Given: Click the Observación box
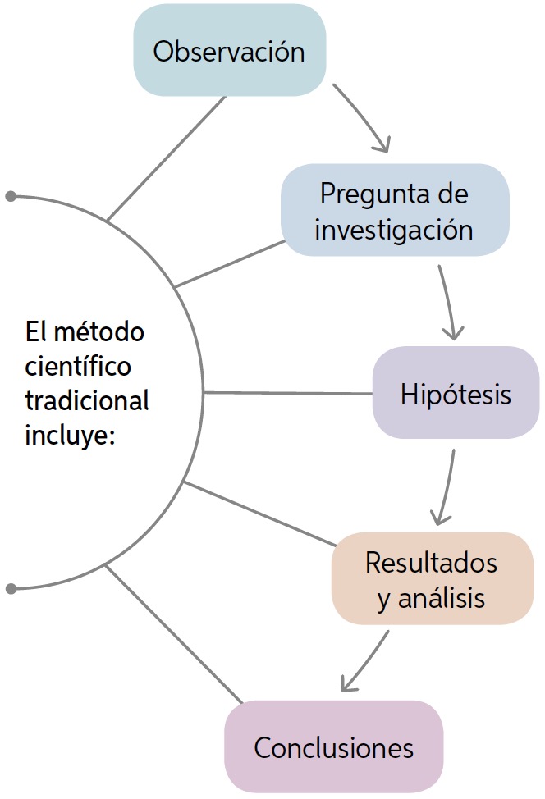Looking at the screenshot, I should (229, 52).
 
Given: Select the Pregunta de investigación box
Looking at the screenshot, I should (394, 211).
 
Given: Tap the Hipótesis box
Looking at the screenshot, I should (456, 393).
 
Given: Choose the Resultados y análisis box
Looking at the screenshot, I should (432, 578).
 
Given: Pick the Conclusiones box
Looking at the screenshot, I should (333, 747).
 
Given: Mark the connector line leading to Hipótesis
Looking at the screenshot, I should (287, 393).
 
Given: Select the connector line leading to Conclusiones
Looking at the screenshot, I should (174, 634).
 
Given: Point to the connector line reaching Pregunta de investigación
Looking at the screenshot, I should (230, 263).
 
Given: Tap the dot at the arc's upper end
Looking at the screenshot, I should (11, 196).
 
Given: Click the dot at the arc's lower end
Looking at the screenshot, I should (11, 589).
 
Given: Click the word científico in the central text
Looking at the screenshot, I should (78, 367).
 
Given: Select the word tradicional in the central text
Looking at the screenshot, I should (87, 401).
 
